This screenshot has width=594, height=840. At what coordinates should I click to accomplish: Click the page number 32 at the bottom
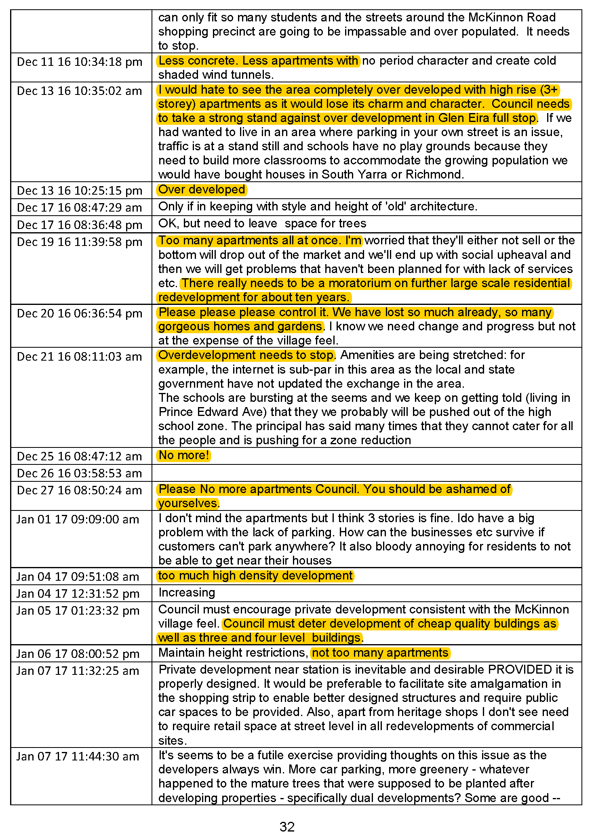(x=287, y=826)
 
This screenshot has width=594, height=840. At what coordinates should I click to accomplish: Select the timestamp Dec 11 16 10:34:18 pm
(x=80, y=62)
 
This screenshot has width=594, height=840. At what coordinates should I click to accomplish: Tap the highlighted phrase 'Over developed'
(x=202, y=189)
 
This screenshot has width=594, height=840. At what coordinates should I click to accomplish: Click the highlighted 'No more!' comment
(x=184, y=455)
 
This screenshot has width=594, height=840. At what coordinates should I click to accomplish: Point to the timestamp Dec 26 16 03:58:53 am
(x=80, y=473)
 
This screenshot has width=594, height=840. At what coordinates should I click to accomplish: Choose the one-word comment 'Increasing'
(x=187, y=592)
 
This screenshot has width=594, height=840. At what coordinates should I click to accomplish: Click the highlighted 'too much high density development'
(x=255, y=575)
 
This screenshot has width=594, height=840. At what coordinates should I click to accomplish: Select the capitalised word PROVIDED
(x=520, y=670)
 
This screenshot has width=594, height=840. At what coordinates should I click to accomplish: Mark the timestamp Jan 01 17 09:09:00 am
(x=78, y=519)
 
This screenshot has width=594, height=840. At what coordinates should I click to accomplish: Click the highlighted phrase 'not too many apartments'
(x=380, y=653)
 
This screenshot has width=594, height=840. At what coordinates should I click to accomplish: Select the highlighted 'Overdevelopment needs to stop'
(x=246, y=355)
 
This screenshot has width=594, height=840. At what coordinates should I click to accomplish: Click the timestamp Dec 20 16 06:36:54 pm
(x=80, y=313)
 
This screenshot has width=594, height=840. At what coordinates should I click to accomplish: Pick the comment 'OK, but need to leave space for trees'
(x=262, y=223)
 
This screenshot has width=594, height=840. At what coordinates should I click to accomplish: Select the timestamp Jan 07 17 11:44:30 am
(x=78, y=756)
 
